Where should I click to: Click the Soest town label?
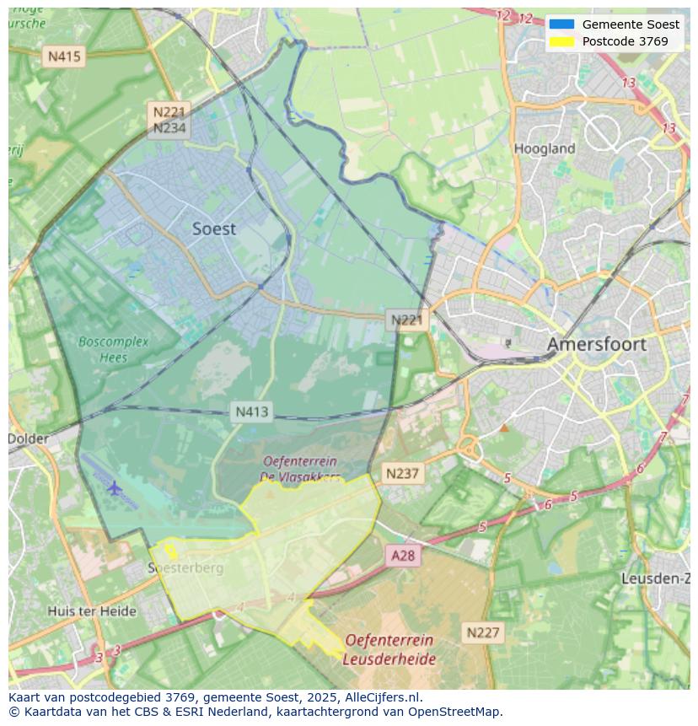tap(214, 229)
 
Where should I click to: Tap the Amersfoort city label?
tap(596, 344)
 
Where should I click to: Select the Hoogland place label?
tap(545, 148)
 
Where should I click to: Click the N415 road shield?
tap(64, 56)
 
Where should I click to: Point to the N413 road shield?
tap(251, 411)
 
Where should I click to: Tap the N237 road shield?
tap(402, 473)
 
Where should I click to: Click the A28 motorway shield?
tap(403, 555)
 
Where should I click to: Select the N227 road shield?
tap(483, 632)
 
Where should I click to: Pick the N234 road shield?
tap(169, 128)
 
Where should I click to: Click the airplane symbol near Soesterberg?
tap(114, 487)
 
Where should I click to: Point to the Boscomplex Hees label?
tap(113, 349)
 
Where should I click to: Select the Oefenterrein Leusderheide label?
tap(389, 649)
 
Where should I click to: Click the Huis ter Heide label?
tap(92, 611)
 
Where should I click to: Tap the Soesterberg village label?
tap(186, 568)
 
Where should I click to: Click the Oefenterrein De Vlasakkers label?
tap(300, 469)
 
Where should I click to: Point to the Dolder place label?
tap(29, 438)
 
